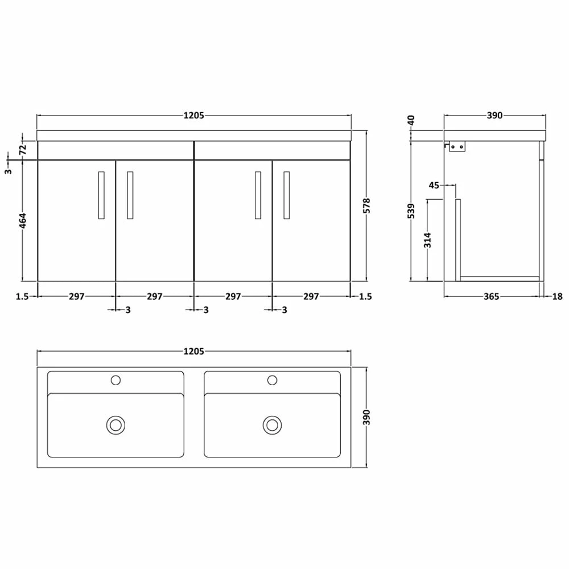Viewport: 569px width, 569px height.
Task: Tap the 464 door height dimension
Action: (23, 221)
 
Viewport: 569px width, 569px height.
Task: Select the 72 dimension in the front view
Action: (23, 150)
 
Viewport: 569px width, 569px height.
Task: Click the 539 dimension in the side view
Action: (411, 211)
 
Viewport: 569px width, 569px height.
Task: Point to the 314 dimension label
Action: (428, 240)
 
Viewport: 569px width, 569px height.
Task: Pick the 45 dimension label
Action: (434, 184)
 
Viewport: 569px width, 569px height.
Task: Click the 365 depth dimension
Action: (491, 296)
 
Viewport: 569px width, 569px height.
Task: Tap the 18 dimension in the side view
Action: (557, 296)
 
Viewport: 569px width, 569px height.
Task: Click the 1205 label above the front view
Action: (193, 115)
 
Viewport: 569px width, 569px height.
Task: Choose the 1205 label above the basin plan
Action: (193, 351)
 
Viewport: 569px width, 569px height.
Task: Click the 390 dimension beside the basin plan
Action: (367, 418)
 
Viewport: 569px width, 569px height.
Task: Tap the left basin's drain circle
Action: (116, 424)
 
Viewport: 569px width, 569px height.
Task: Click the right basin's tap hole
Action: (273, 380)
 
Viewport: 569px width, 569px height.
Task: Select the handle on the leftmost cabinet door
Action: (101, 195)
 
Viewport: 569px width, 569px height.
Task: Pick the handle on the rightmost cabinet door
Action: (286, 195)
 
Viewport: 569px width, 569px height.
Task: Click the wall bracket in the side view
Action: (456, 147)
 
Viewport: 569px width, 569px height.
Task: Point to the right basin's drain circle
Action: (273, 424)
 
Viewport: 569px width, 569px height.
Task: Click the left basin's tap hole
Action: (116, 380)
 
